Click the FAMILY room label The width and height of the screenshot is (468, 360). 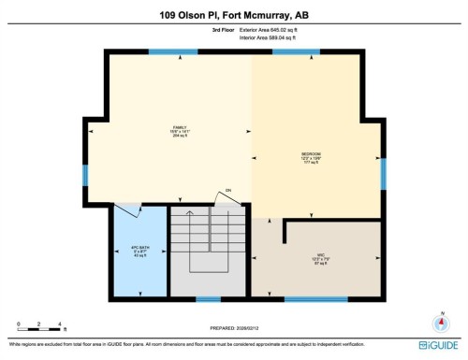click(178, 131)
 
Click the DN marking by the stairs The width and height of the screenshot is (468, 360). click(227, 190)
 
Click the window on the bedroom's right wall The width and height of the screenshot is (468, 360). click(382, 174)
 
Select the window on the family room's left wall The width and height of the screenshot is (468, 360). click(84, 175)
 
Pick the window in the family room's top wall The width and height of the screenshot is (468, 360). click(167, 52)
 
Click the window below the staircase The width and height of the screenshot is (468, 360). click(208, 299)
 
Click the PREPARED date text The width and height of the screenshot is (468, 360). click(233, 330)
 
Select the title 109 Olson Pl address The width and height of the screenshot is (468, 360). click(234, 14)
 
